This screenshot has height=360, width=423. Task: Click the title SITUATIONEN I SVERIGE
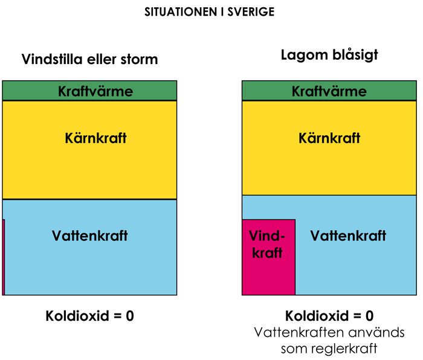coord(209,12)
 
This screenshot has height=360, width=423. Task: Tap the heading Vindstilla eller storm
coord(90,59)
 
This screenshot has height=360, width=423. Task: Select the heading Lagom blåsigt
coord(329,56)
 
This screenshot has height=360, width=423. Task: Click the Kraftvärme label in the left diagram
coord(95,91)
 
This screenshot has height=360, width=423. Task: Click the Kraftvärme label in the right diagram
coord(329,91)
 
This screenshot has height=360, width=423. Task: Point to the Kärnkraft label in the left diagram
coord(95,138)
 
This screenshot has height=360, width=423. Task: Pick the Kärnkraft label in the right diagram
coord(329,138)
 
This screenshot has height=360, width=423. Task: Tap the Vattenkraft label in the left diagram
coord(90,236)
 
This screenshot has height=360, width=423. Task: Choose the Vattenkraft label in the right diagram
coord(348,236)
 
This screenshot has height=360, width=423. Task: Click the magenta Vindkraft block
coord(269,257)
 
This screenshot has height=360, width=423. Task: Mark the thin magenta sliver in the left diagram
coord(4,257)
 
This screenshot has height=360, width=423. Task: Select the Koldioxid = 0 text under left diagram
coord(90,316)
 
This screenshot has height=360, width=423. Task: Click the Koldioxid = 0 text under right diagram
coord(329,316)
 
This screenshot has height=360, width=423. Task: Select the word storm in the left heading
coord(139,60)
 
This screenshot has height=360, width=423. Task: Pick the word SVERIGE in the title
coord(251,12)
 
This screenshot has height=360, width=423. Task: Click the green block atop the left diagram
coord(89,91)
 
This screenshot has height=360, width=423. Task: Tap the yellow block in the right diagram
coord(329,148)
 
